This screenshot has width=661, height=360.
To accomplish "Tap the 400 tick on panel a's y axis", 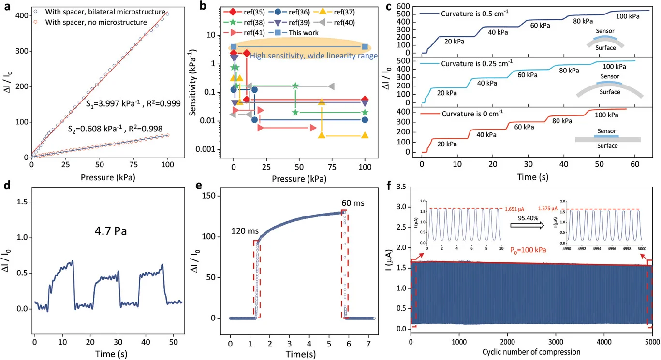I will click(22, 15).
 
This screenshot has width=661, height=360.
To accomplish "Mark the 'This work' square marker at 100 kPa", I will click(365, 47).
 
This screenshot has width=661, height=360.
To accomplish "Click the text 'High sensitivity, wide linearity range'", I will click(313, 56).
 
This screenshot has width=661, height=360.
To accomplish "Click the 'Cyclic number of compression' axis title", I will click(531, 351).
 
